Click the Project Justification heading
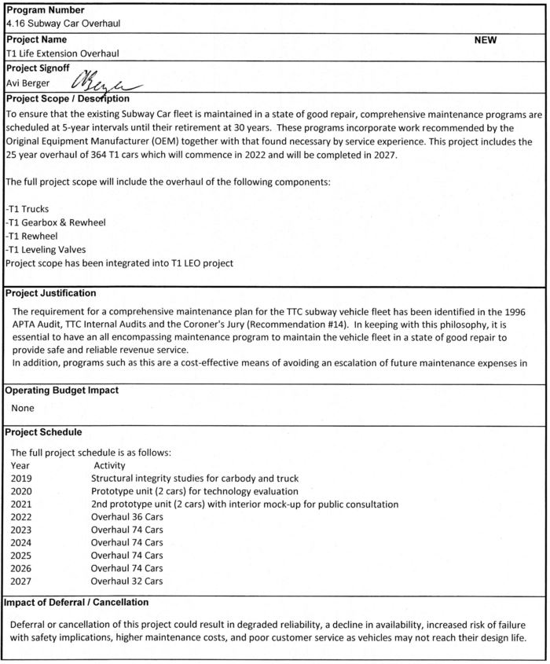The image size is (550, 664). coord(51,293)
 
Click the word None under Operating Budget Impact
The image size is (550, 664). coord(24,409)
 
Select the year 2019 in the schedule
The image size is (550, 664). coord(23,478)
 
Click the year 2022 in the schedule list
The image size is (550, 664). coord(23,516)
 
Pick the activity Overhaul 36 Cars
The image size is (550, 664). coord(127,516)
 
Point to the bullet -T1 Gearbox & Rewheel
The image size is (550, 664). coord(55,222)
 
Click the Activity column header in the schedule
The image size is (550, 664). coord(109,465)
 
